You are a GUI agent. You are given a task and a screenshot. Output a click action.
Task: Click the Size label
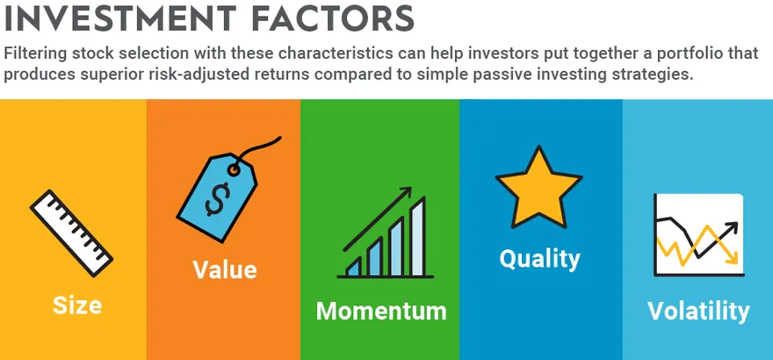coord(77,306)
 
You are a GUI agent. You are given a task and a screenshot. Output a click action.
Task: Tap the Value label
coord(224,270)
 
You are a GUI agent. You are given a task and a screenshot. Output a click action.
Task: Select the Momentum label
coord(381,311)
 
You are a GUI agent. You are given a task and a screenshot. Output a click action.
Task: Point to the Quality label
coord(540,259)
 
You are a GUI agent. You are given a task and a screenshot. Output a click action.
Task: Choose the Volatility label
coord(698,311)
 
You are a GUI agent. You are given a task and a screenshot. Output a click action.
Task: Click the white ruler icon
coord(71,233)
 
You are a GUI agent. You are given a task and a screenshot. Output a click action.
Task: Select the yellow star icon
coord(538,188)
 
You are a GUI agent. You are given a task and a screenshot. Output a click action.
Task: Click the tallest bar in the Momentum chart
coord(417,236)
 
